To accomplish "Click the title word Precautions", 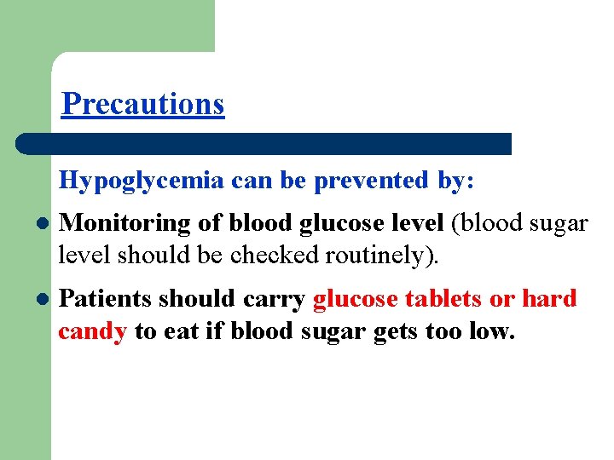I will coord(143,103).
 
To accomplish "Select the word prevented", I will coord(371,181).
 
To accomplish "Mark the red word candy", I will coord(92,331).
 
